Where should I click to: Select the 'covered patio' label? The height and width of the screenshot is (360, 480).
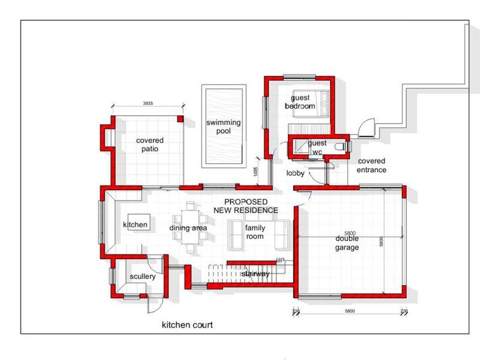(x=149, y=145)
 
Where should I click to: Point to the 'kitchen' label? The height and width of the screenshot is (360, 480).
(x=135, y=224)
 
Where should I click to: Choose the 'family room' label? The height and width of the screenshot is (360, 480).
(x=255, y=232)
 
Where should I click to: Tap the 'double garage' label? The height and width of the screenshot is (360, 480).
(x=347, y=242)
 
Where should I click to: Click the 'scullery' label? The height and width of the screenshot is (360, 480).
(x=142, y=277)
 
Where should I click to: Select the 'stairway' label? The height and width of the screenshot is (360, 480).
(x=256, y=274)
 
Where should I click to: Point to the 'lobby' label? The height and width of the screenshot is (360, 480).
(x=296, y=174)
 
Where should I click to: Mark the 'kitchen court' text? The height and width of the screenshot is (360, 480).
(x=187, y=325)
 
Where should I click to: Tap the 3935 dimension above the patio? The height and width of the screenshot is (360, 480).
(x=148, y=103)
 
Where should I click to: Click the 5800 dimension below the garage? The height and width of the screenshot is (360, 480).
(x=350, y=311)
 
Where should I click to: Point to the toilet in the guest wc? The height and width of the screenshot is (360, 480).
(x=340, y=146)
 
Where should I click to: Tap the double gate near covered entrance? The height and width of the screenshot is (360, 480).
(x=366, y=127)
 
